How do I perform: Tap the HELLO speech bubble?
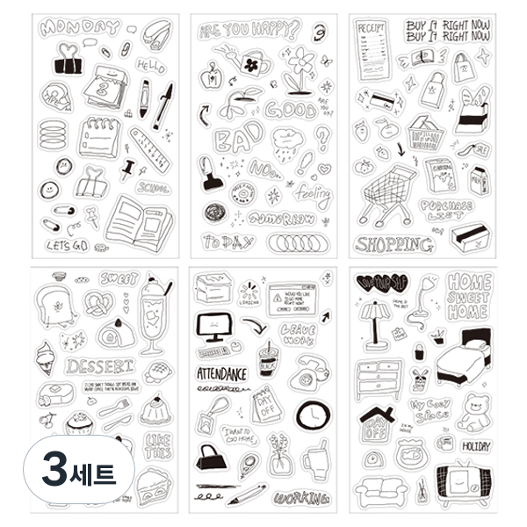coord(150,67)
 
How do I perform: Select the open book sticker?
coord(137,220)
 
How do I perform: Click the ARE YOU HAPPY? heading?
coord(249,31)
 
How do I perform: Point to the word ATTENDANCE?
coord(220,374)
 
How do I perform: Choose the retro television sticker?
coord(462,484)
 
